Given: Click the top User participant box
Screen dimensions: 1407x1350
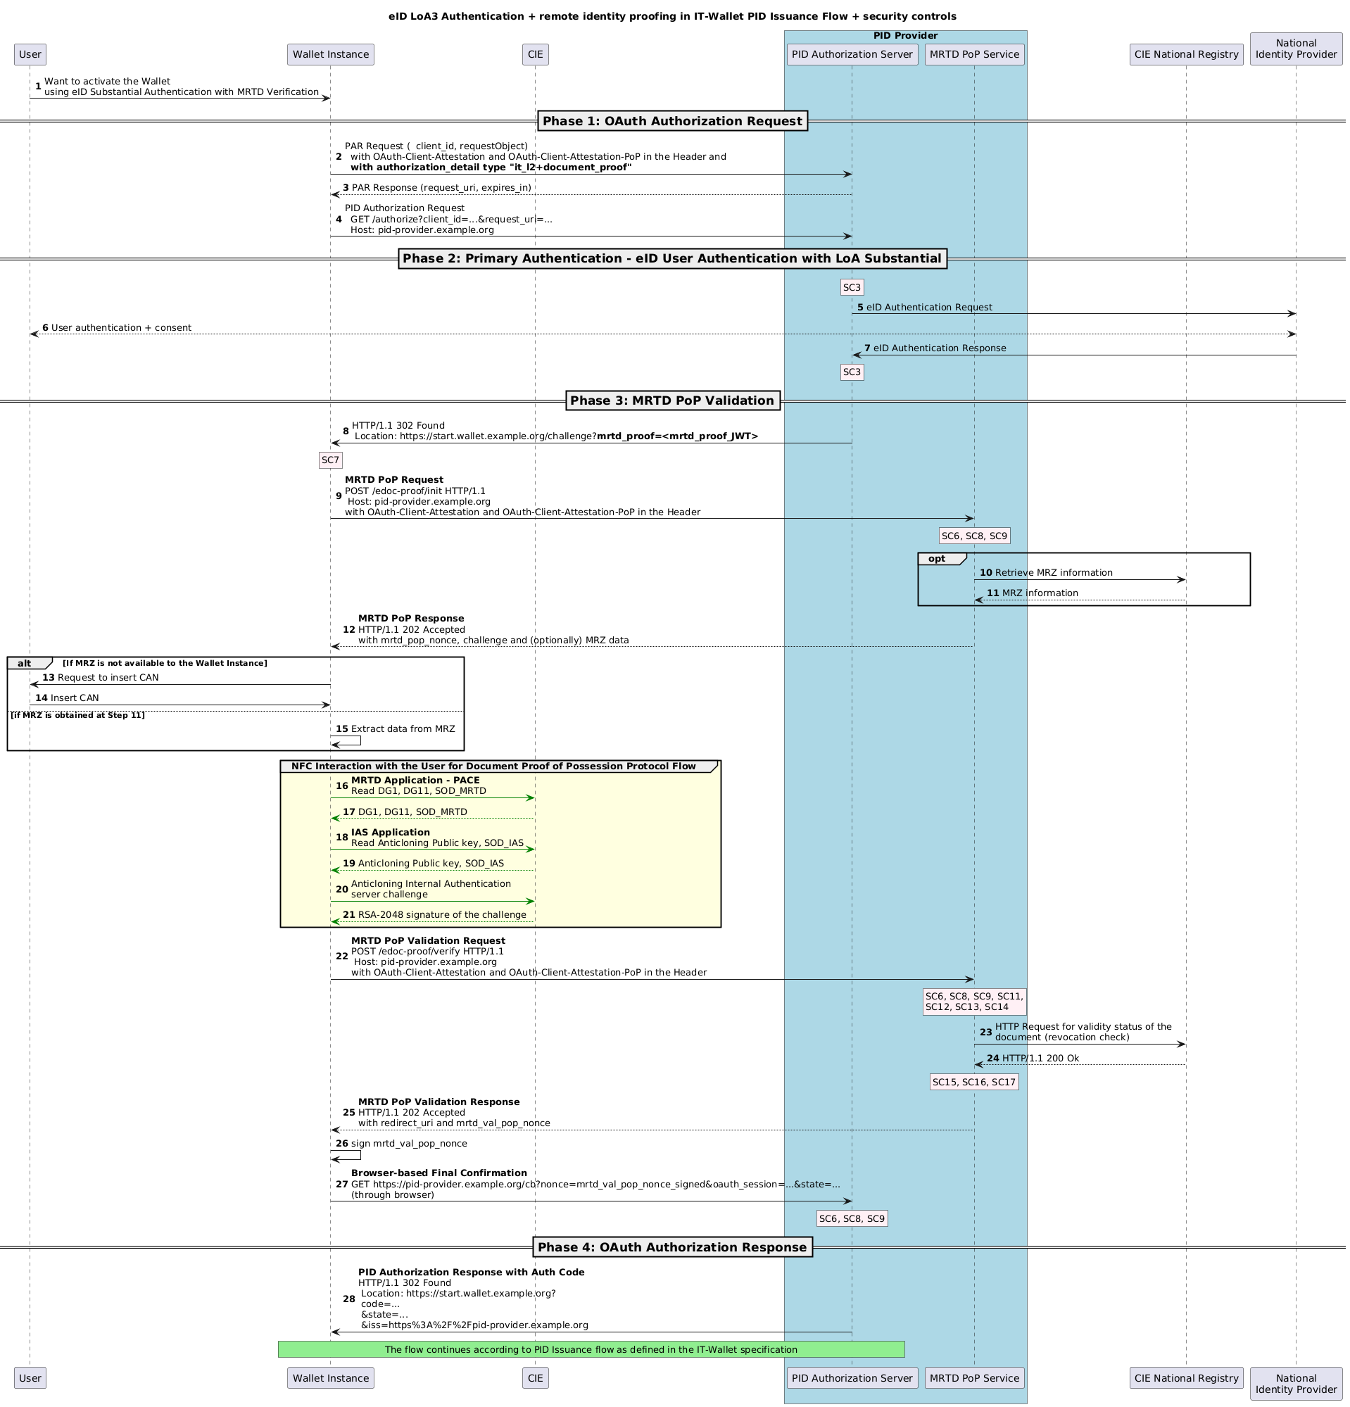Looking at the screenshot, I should (x=30, y=53).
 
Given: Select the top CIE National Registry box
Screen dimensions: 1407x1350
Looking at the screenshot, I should (x=1185, y=53).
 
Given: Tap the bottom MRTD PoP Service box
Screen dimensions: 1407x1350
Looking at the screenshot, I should (x=974, y=1377).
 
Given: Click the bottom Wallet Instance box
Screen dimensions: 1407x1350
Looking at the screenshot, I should (x=330, y=1377).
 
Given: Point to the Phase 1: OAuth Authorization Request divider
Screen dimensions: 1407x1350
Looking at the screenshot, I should (x=671, y=121).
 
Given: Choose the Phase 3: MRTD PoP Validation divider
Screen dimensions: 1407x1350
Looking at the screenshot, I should (x=671, y=400).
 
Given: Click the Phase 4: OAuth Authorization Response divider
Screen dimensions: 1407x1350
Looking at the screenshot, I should (x=671, y=1247).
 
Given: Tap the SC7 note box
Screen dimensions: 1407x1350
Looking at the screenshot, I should (x=330, y=460).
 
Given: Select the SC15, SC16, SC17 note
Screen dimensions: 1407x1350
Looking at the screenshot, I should (x=974, y=1082).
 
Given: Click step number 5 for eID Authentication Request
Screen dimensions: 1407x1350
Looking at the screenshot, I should (x=860, y=308).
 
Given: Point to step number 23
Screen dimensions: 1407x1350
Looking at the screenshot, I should (x=985, y=1033).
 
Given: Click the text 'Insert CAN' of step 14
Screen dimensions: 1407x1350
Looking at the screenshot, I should (x=75, y=698).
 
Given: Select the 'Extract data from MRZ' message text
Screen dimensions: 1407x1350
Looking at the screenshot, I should (x=403, y=728).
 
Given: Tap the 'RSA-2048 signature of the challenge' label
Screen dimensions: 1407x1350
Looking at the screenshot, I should (x=442, y=914).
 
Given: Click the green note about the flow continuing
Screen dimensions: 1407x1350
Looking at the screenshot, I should (x=591, y=1349).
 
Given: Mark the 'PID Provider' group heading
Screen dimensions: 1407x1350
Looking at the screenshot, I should (x=905, y=36).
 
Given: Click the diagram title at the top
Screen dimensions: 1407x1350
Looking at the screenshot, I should (x=671, y=16).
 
